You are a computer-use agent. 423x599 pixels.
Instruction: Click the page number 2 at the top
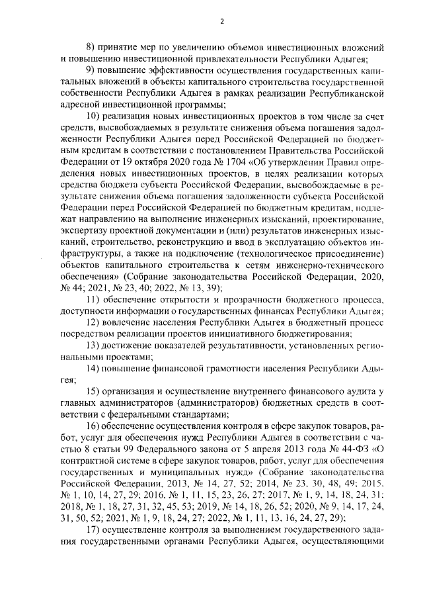point(222,21)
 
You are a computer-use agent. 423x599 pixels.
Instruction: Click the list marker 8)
point(93,49)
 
